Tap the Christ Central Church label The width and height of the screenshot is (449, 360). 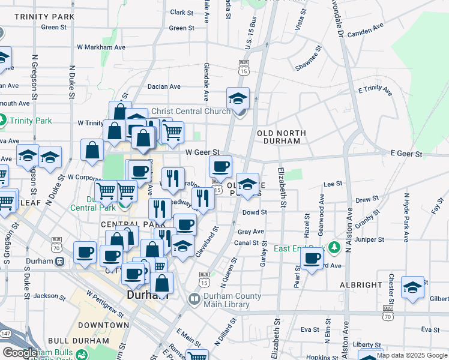pos(191,111)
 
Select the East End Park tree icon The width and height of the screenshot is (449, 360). pos(334,248)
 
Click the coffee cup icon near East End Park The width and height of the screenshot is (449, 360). pos(312,259)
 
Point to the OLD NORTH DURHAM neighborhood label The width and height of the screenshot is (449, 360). pos(281,137)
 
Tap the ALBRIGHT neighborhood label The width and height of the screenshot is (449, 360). pos(360,285)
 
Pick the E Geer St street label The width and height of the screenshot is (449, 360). pos(406,154)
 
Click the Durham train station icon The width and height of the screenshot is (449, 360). pos(60,262)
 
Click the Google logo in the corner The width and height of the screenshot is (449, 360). pos(20,353)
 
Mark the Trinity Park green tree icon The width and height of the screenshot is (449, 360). pos(3,121)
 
